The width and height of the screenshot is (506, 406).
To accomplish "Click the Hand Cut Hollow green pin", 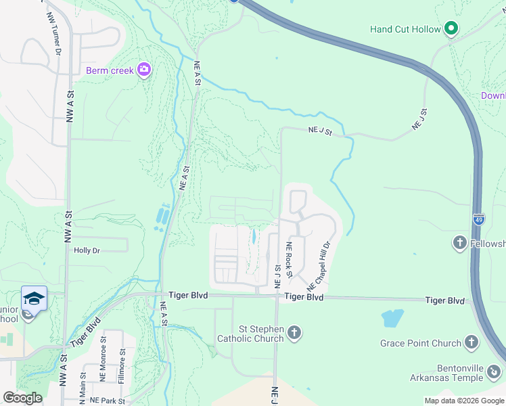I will click(452, 29).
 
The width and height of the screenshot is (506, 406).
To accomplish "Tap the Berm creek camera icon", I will click(143, 69).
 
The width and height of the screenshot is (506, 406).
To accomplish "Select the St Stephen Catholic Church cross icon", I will click(294, 332).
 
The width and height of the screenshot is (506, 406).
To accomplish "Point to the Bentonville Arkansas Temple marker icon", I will click(495, 371).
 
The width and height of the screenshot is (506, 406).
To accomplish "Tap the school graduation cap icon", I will click(34, 298).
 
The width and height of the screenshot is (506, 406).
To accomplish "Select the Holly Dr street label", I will click(87, 250).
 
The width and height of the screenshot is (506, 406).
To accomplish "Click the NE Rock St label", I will click(289, 259).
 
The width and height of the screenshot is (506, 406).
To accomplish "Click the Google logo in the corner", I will click(22, 398).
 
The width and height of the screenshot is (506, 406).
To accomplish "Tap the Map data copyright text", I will click(463, 401).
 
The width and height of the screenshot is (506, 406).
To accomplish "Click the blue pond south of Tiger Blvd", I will click(392, 318).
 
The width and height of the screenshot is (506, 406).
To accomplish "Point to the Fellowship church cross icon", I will click(459, 243).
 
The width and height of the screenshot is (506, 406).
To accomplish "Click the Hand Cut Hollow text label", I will click(405, 29).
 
